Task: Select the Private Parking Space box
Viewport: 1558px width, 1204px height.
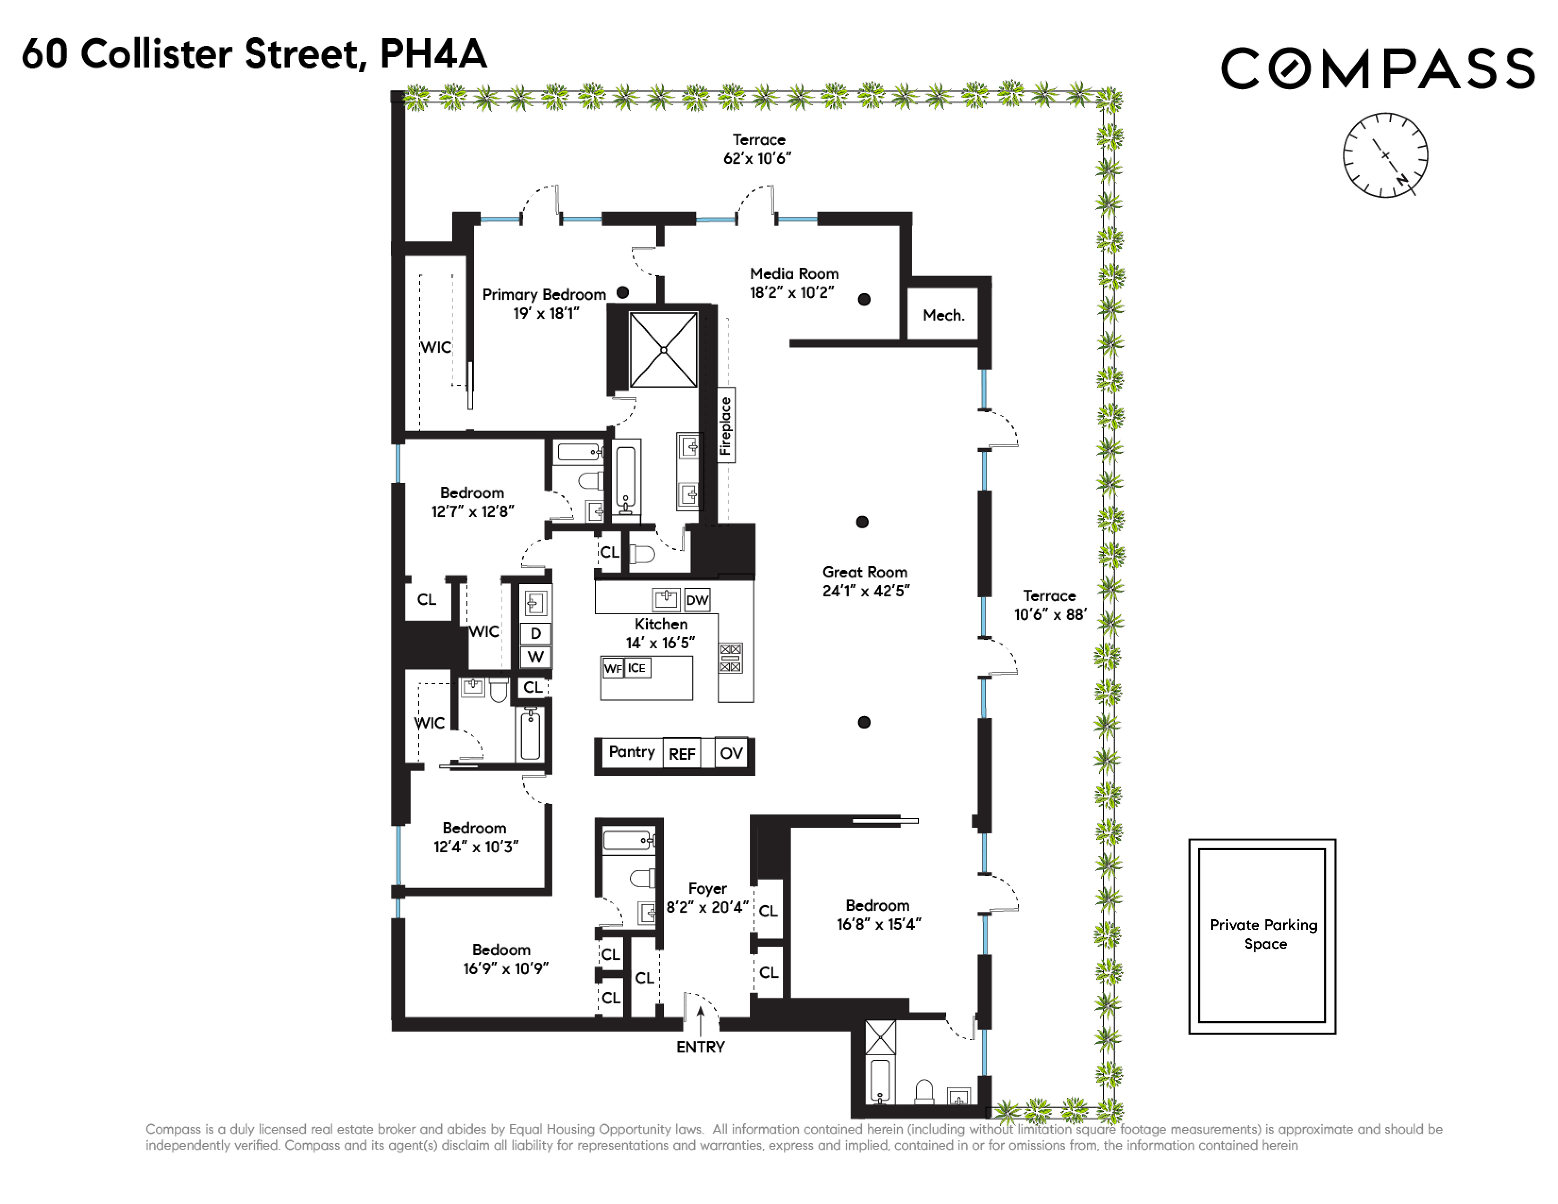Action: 1262,936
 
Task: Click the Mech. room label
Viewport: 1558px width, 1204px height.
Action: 943,315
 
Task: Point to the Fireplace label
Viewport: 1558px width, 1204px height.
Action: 726,426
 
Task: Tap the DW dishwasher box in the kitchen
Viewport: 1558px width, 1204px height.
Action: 697,600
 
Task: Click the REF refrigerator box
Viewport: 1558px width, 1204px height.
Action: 681,754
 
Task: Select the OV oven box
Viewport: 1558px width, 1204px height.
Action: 731,753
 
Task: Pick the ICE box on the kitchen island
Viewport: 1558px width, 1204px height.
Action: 636,668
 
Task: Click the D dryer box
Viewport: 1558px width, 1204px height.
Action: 536,633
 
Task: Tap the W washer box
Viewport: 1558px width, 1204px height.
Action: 536,657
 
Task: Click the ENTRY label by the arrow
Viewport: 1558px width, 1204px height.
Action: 700,1047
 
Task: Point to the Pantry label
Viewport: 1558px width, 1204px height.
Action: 631,752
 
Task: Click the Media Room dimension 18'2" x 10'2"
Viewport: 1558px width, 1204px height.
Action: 792,292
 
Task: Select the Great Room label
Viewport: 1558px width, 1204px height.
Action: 864,572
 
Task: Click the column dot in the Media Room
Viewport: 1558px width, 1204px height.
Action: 864,299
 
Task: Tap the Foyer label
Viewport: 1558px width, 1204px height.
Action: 707,889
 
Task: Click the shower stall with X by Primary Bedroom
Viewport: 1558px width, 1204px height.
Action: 663,349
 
